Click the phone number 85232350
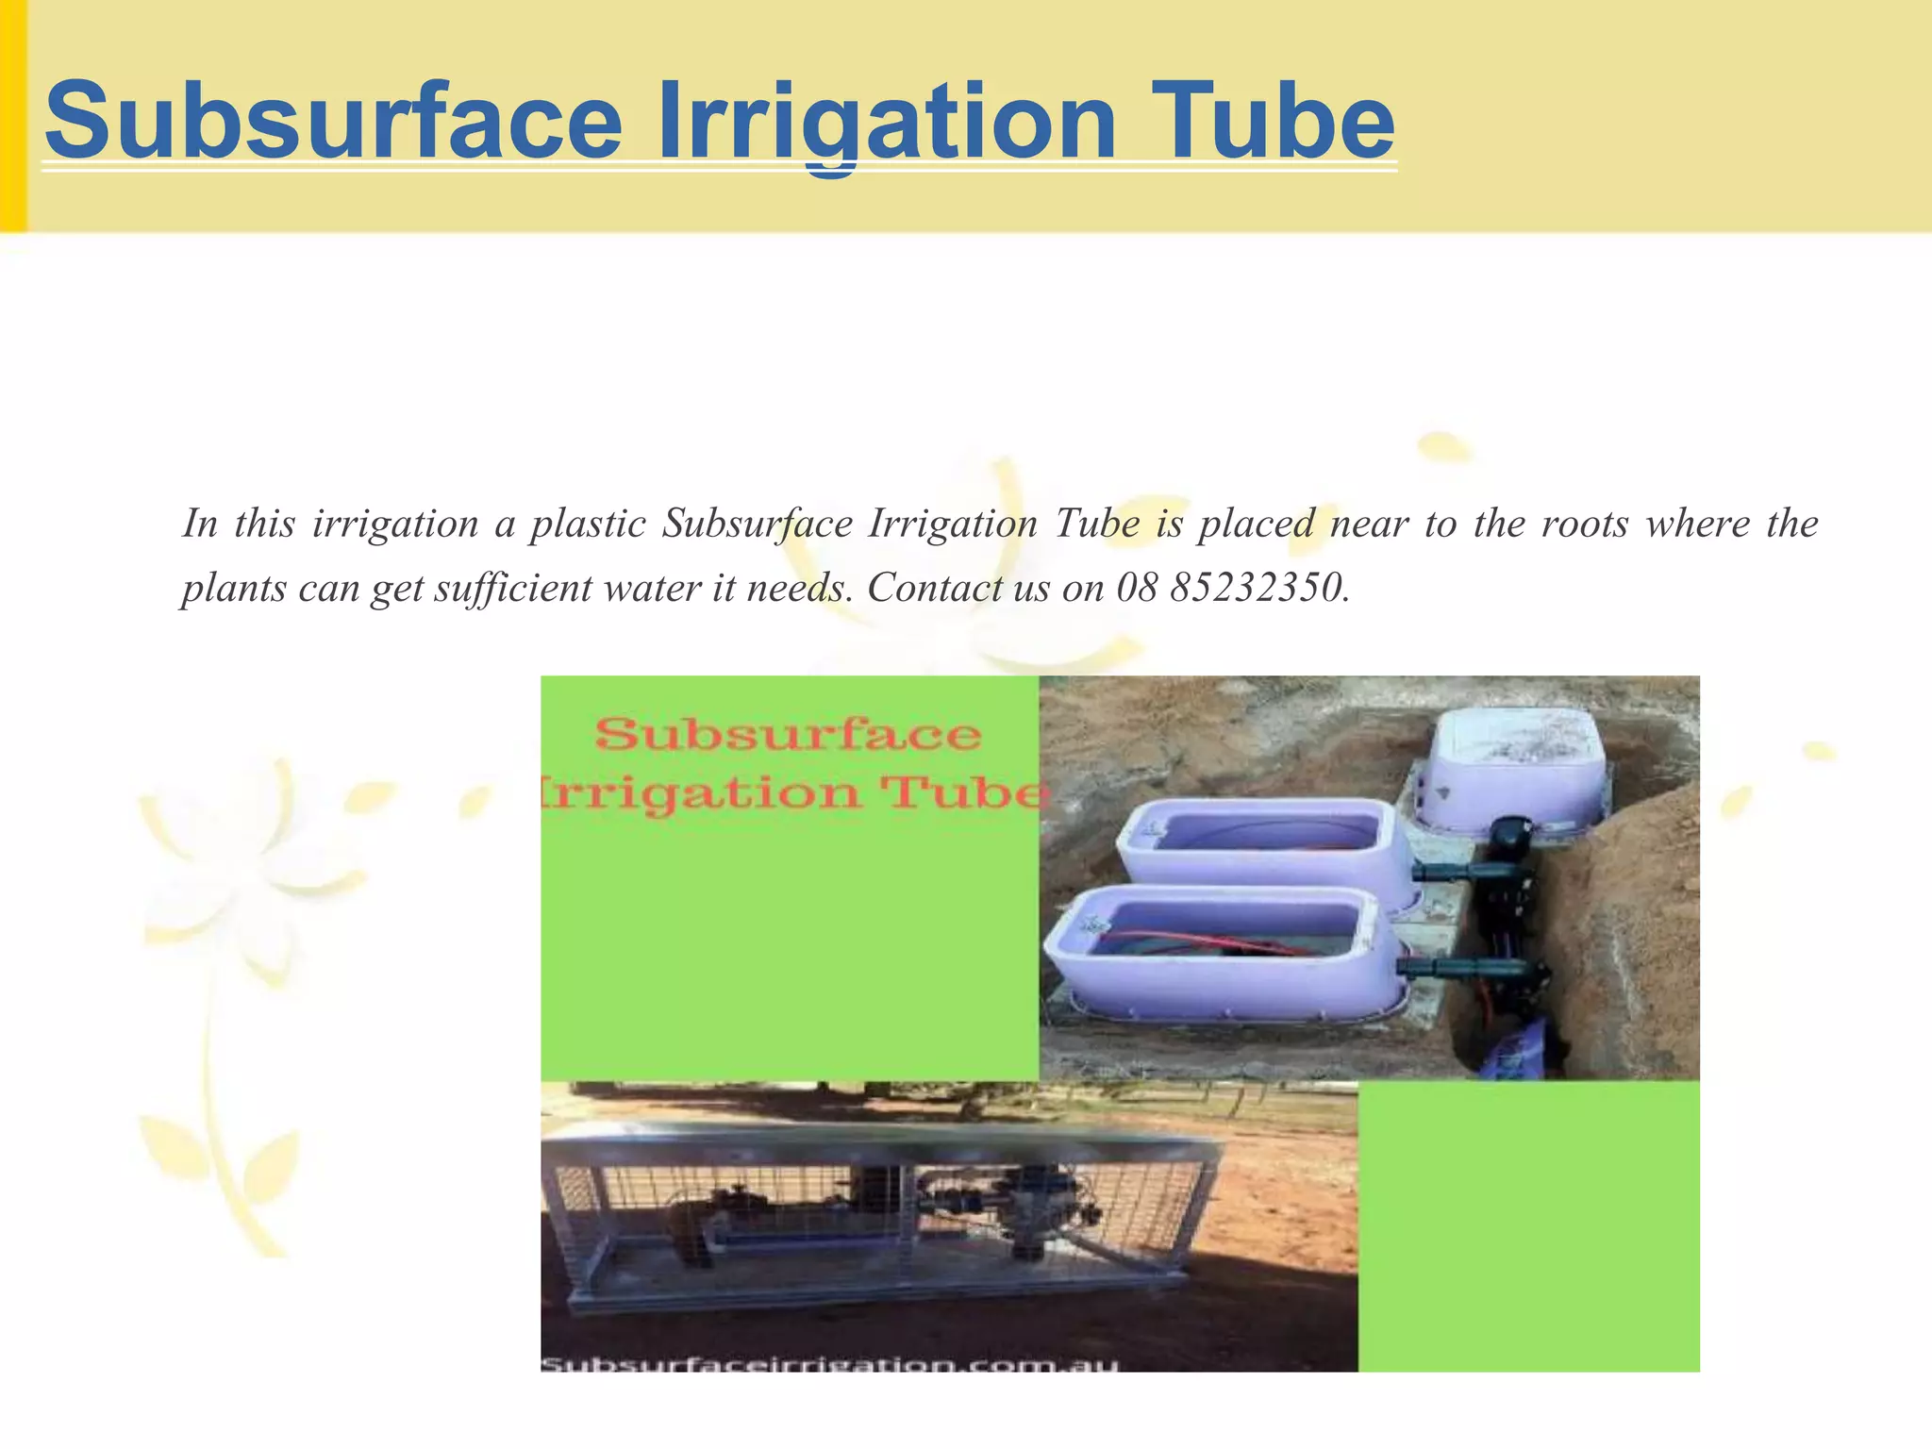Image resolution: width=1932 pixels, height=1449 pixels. pyautogui.click(x=1255, y=588)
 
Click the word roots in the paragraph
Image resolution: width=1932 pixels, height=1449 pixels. pyautogui.click(x=1584, y=524)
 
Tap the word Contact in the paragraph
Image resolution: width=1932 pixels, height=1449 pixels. pyautogui.click(x=934, y=588)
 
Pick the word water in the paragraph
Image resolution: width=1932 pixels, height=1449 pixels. pyautogui.click(x=651, y=588)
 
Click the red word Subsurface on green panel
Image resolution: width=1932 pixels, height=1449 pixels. pyautogui.click(x=788, y=734)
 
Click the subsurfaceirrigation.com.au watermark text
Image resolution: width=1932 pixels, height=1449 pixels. pyautogui.click(x=830, y=1363)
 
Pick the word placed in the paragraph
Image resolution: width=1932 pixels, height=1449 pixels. pyautogui.click(x=1256, y=524)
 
